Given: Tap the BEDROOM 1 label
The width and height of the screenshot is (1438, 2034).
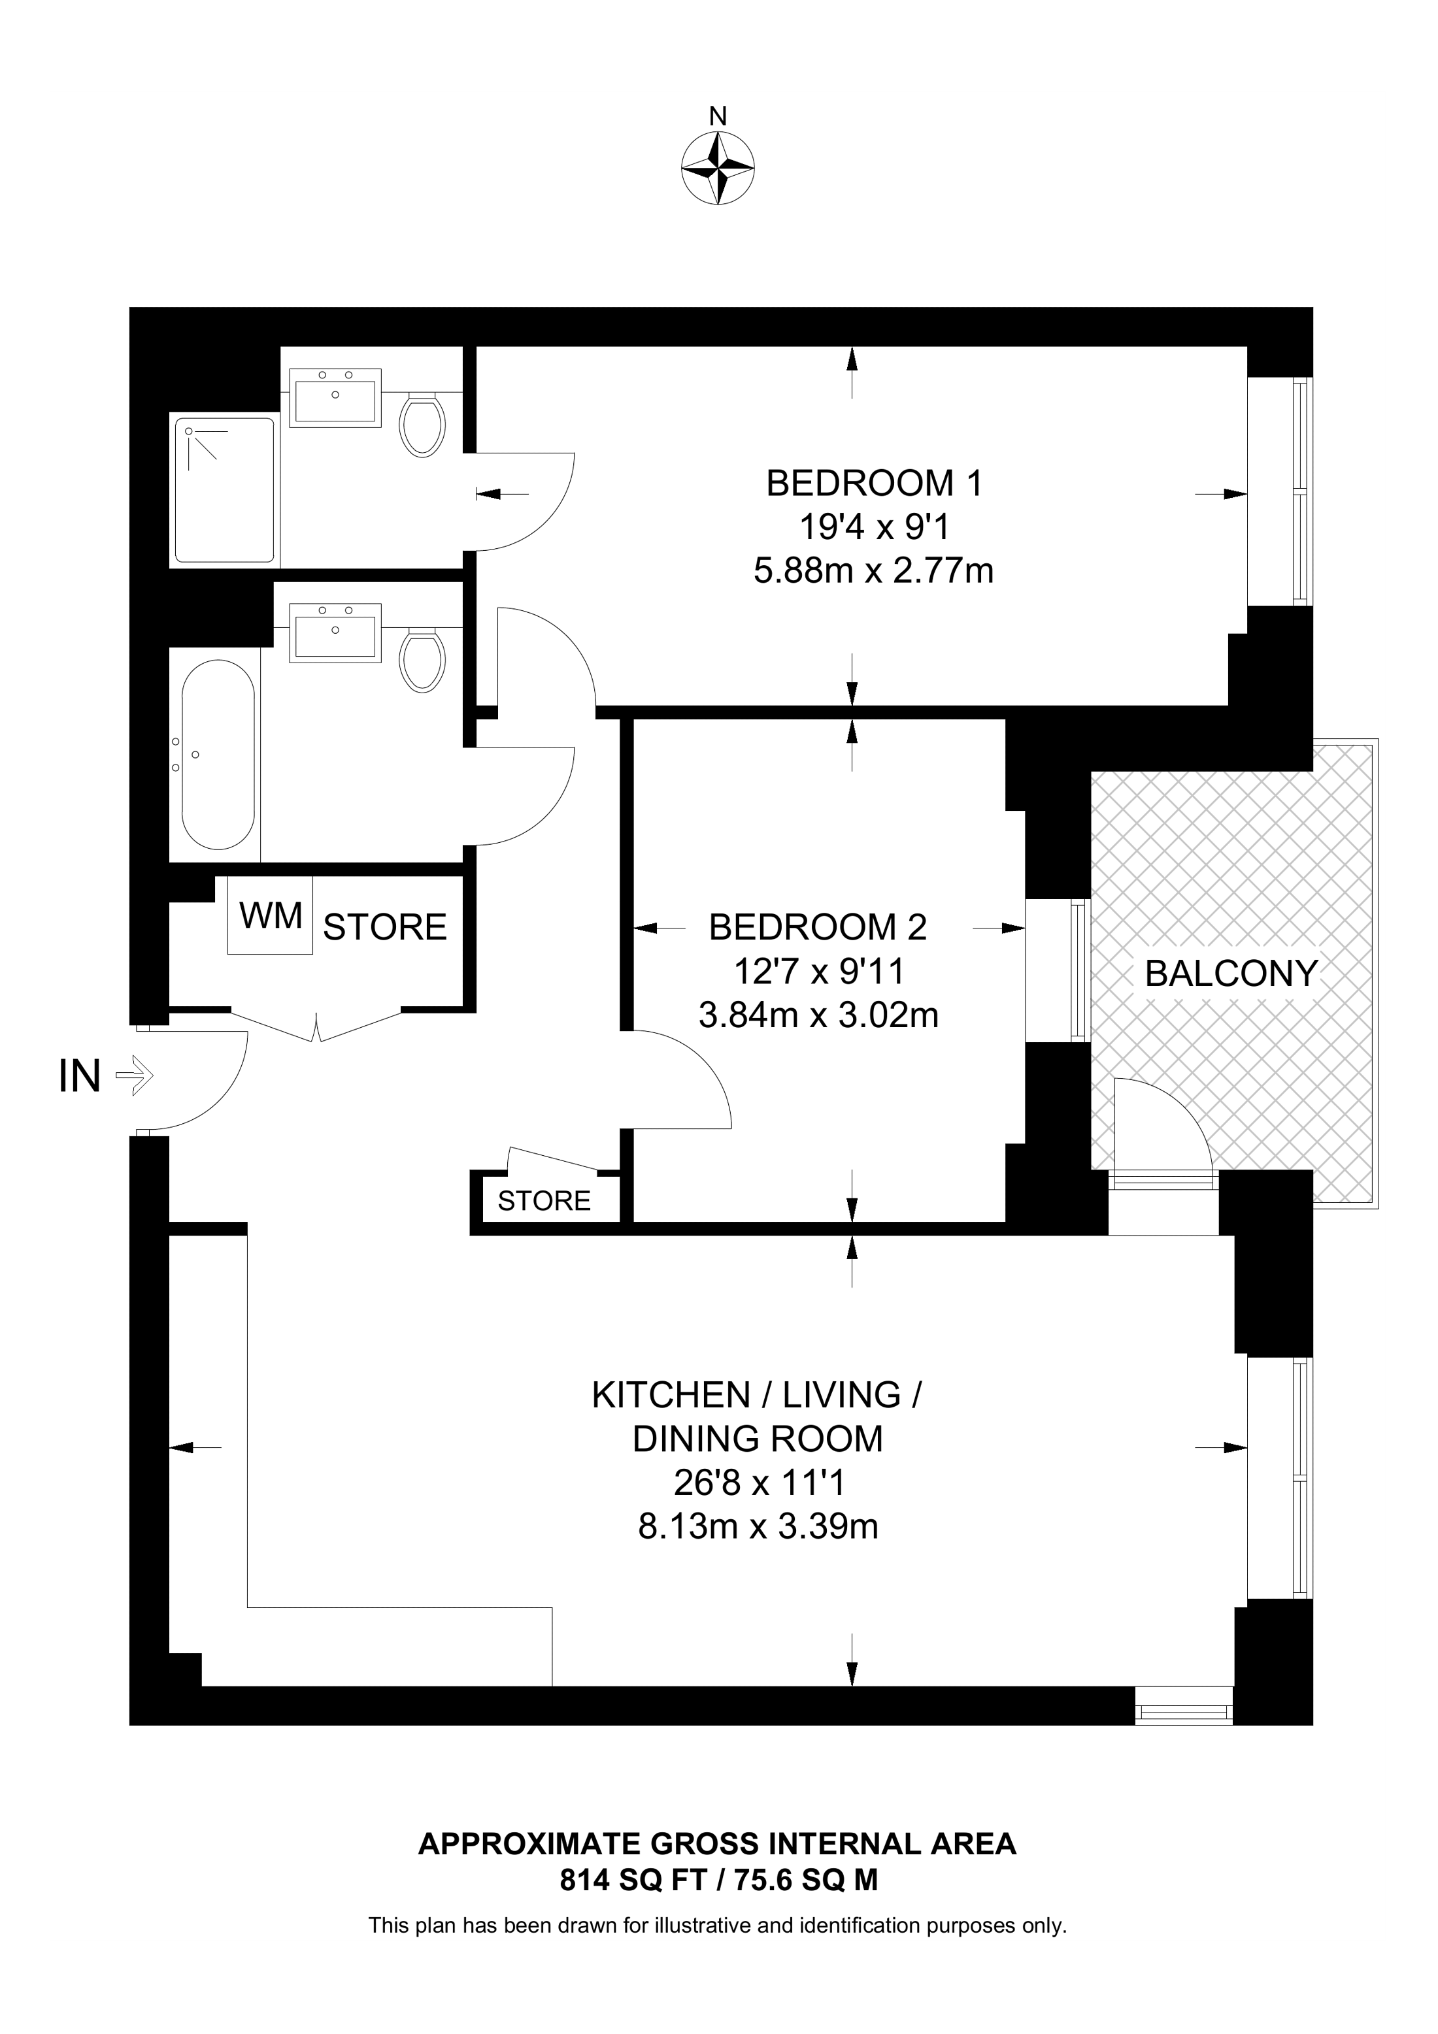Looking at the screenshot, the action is point(875,484).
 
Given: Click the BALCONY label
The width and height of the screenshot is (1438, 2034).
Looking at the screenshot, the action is point(1231,974).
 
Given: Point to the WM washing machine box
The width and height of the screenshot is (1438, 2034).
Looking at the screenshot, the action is point(270,915).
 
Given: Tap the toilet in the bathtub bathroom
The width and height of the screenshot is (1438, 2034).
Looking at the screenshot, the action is point(422,661).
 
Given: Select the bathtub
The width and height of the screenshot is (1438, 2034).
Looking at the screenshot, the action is point(218,755).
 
